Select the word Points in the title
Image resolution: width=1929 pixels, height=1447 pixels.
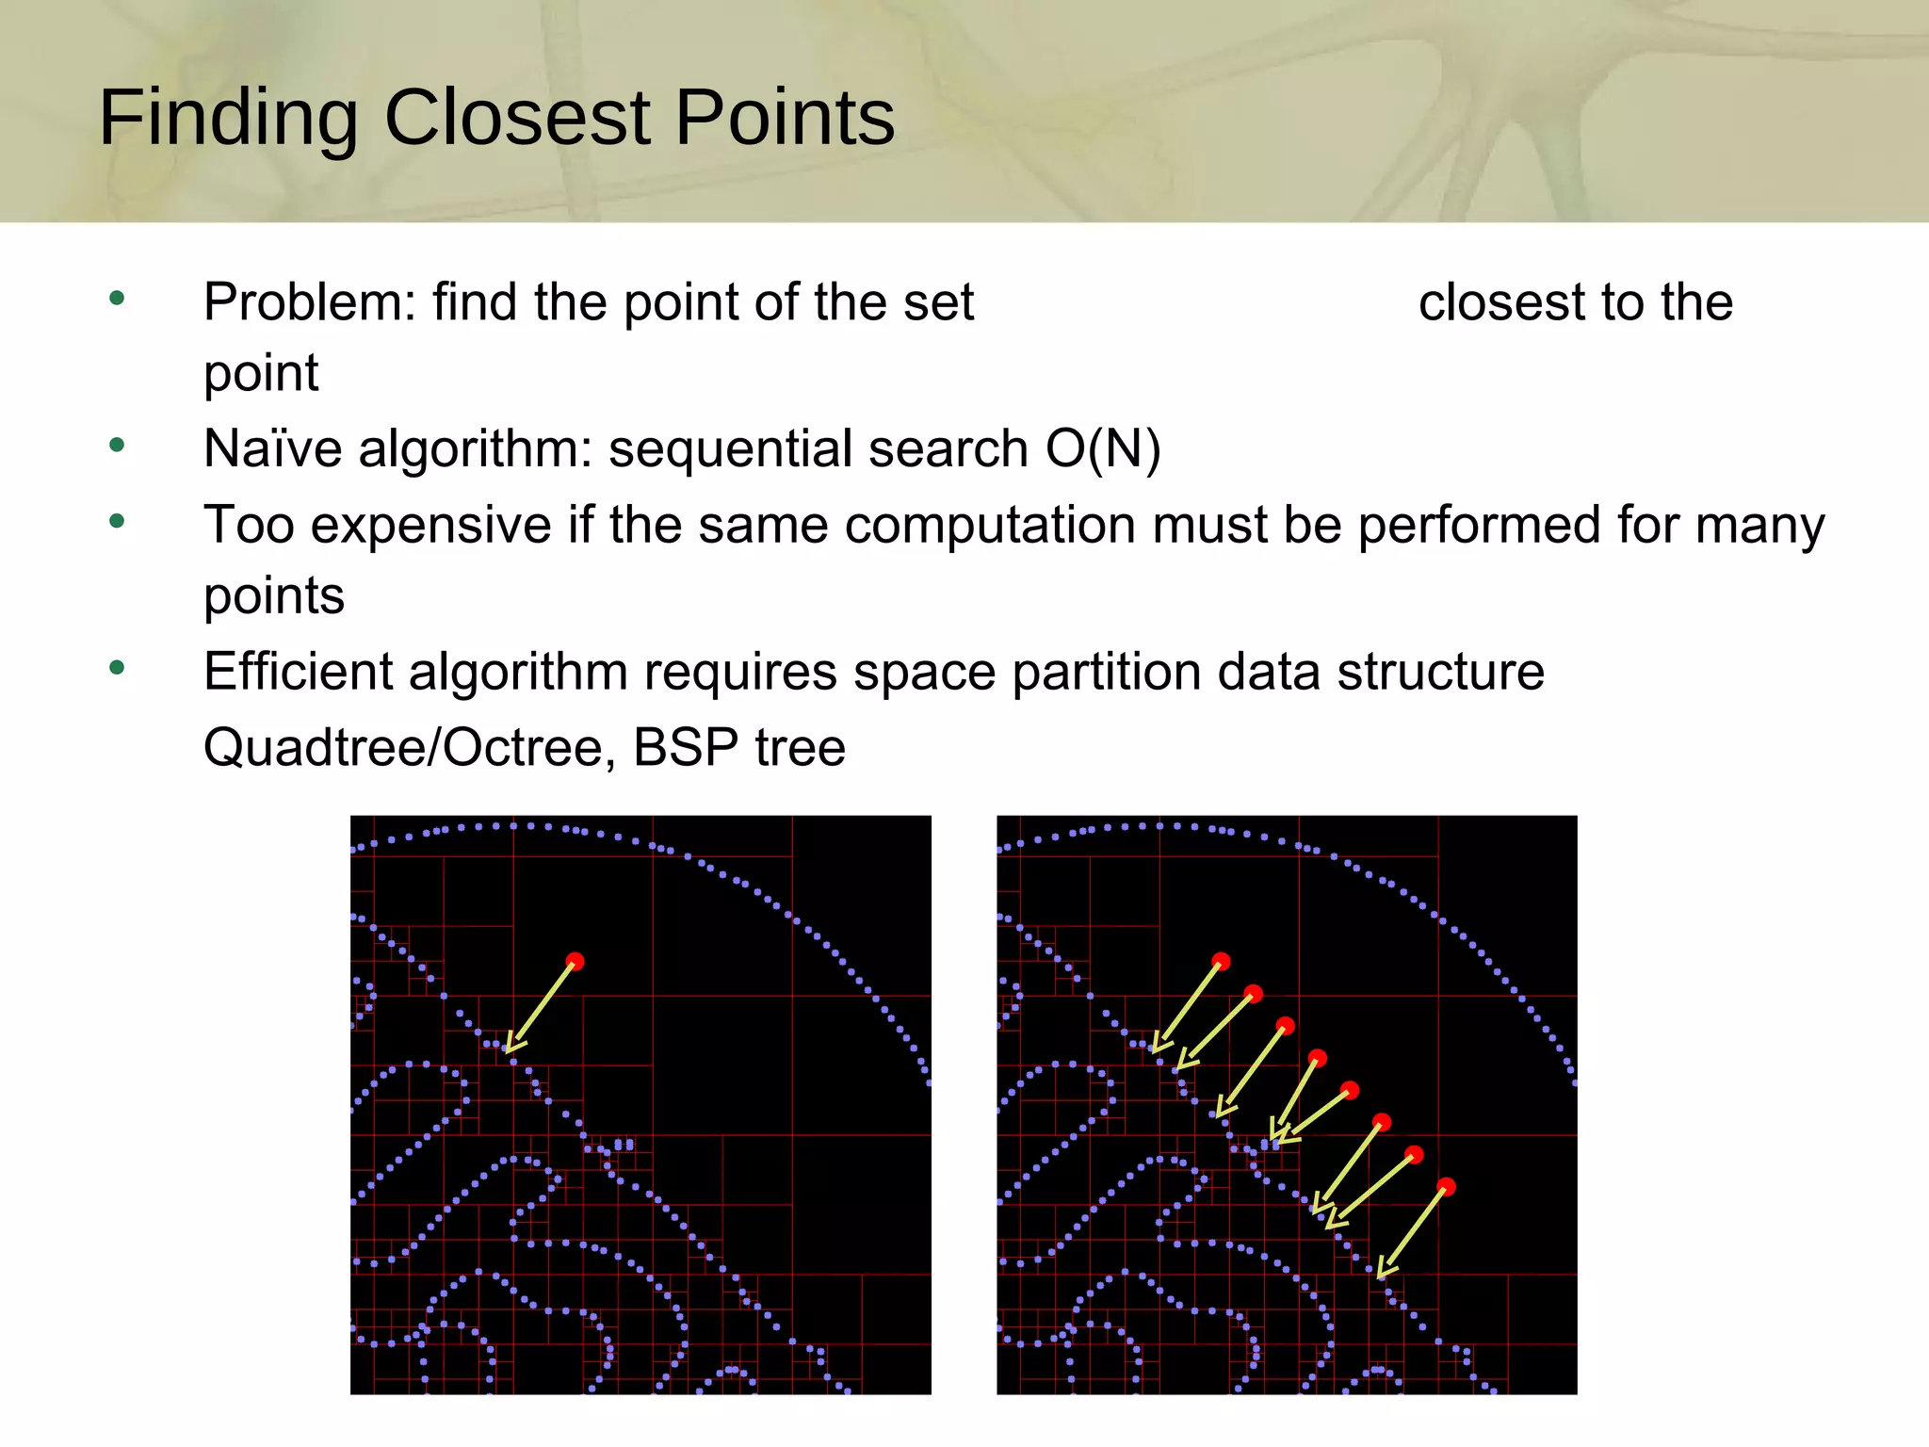tap(785, 119)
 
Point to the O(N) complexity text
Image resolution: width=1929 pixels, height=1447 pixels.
tap(1103, 448)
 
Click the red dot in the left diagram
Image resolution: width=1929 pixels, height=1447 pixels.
tap(575, 961)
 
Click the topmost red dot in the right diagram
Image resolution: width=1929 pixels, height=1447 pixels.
tap(1221, 961)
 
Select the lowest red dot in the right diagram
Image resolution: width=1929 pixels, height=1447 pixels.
tap(1447, 1186)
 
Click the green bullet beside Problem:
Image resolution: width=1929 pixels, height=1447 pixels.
tap(117, 300)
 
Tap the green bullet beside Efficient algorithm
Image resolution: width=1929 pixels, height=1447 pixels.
tap(117, 669)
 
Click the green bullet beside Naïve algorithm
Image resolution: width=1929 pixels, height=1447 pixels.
tap(117, 445)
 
